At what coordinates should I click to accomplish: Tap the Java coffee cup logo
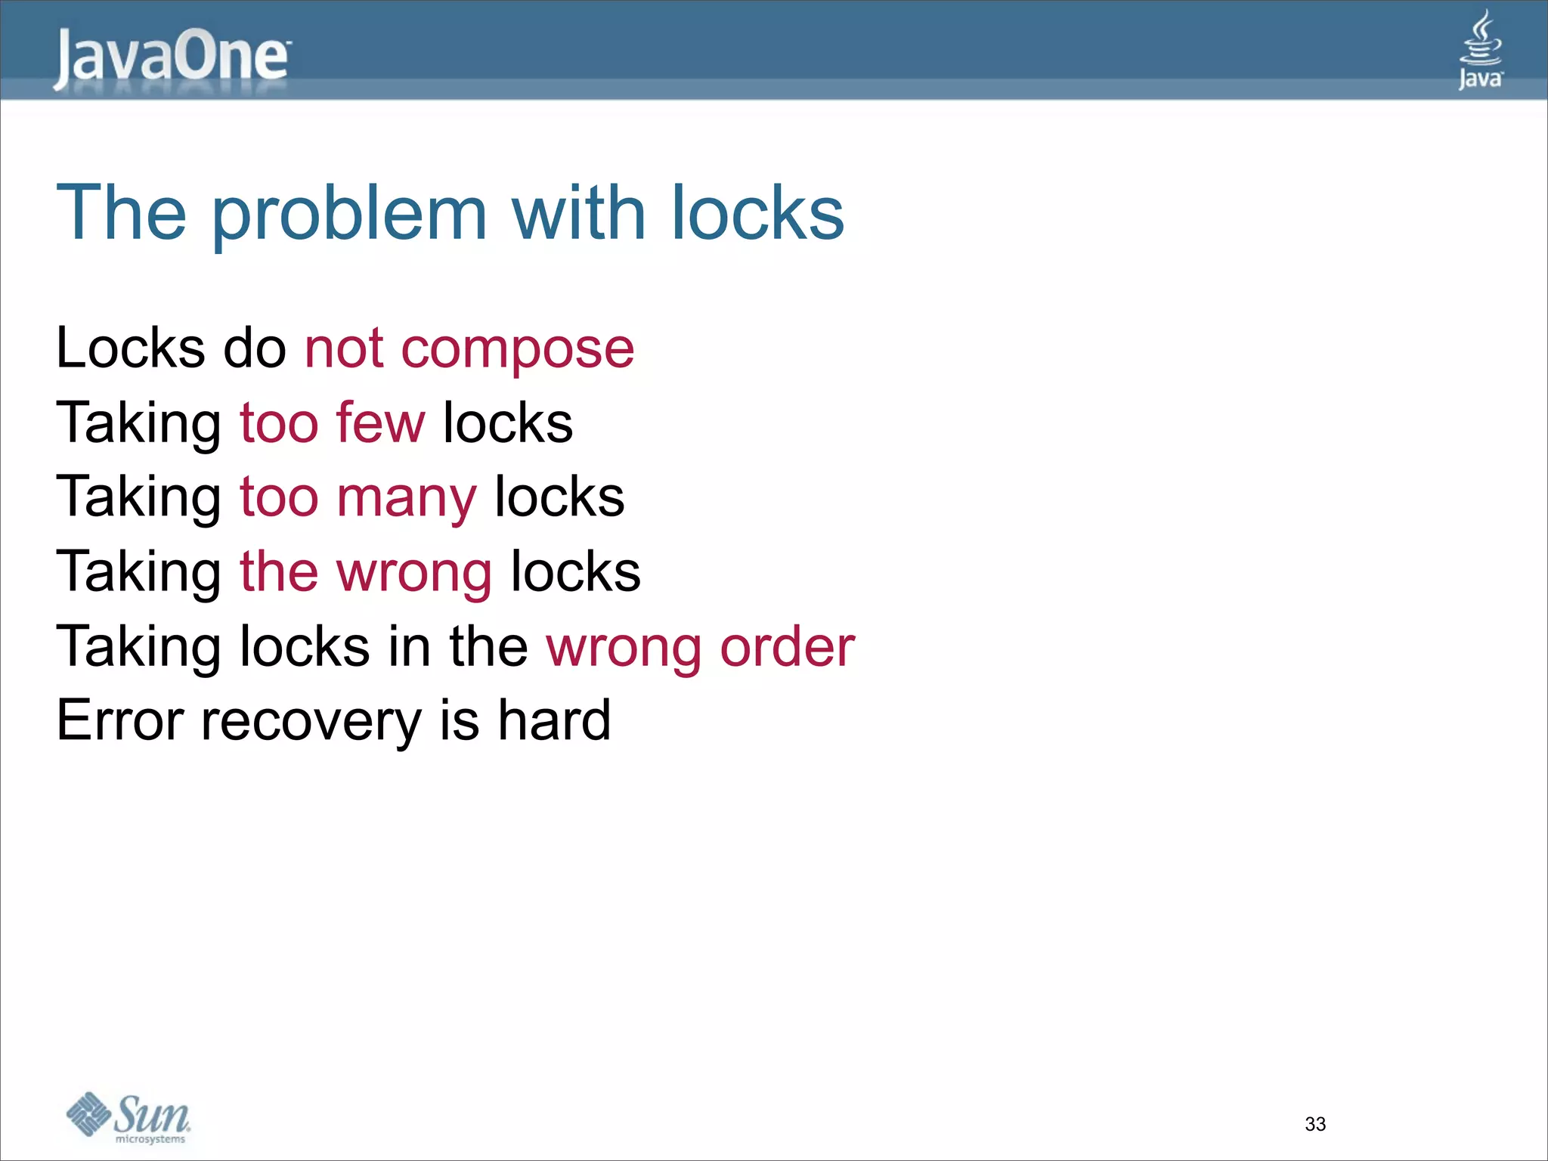(1480, 50)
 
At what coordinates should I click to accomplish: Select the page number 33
(1315, 1124)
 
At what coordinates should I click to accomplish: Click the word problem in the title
(348, 215)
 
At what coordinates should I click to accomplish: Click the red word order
(787, 647)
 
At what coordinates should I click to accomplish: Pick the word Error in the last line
(119, 720)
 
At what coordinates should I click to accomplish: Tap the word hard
(553, 720)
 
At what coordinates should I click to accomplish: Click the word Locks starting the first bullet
(130, 348)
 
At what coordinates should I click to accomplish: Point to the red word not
(344, 350)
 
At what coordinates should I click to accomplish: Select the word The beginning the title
(121, 213)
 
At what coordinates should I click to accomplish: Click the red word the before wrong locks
(279, 571)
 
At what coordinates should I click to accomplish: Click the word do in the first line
(255, 348)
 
